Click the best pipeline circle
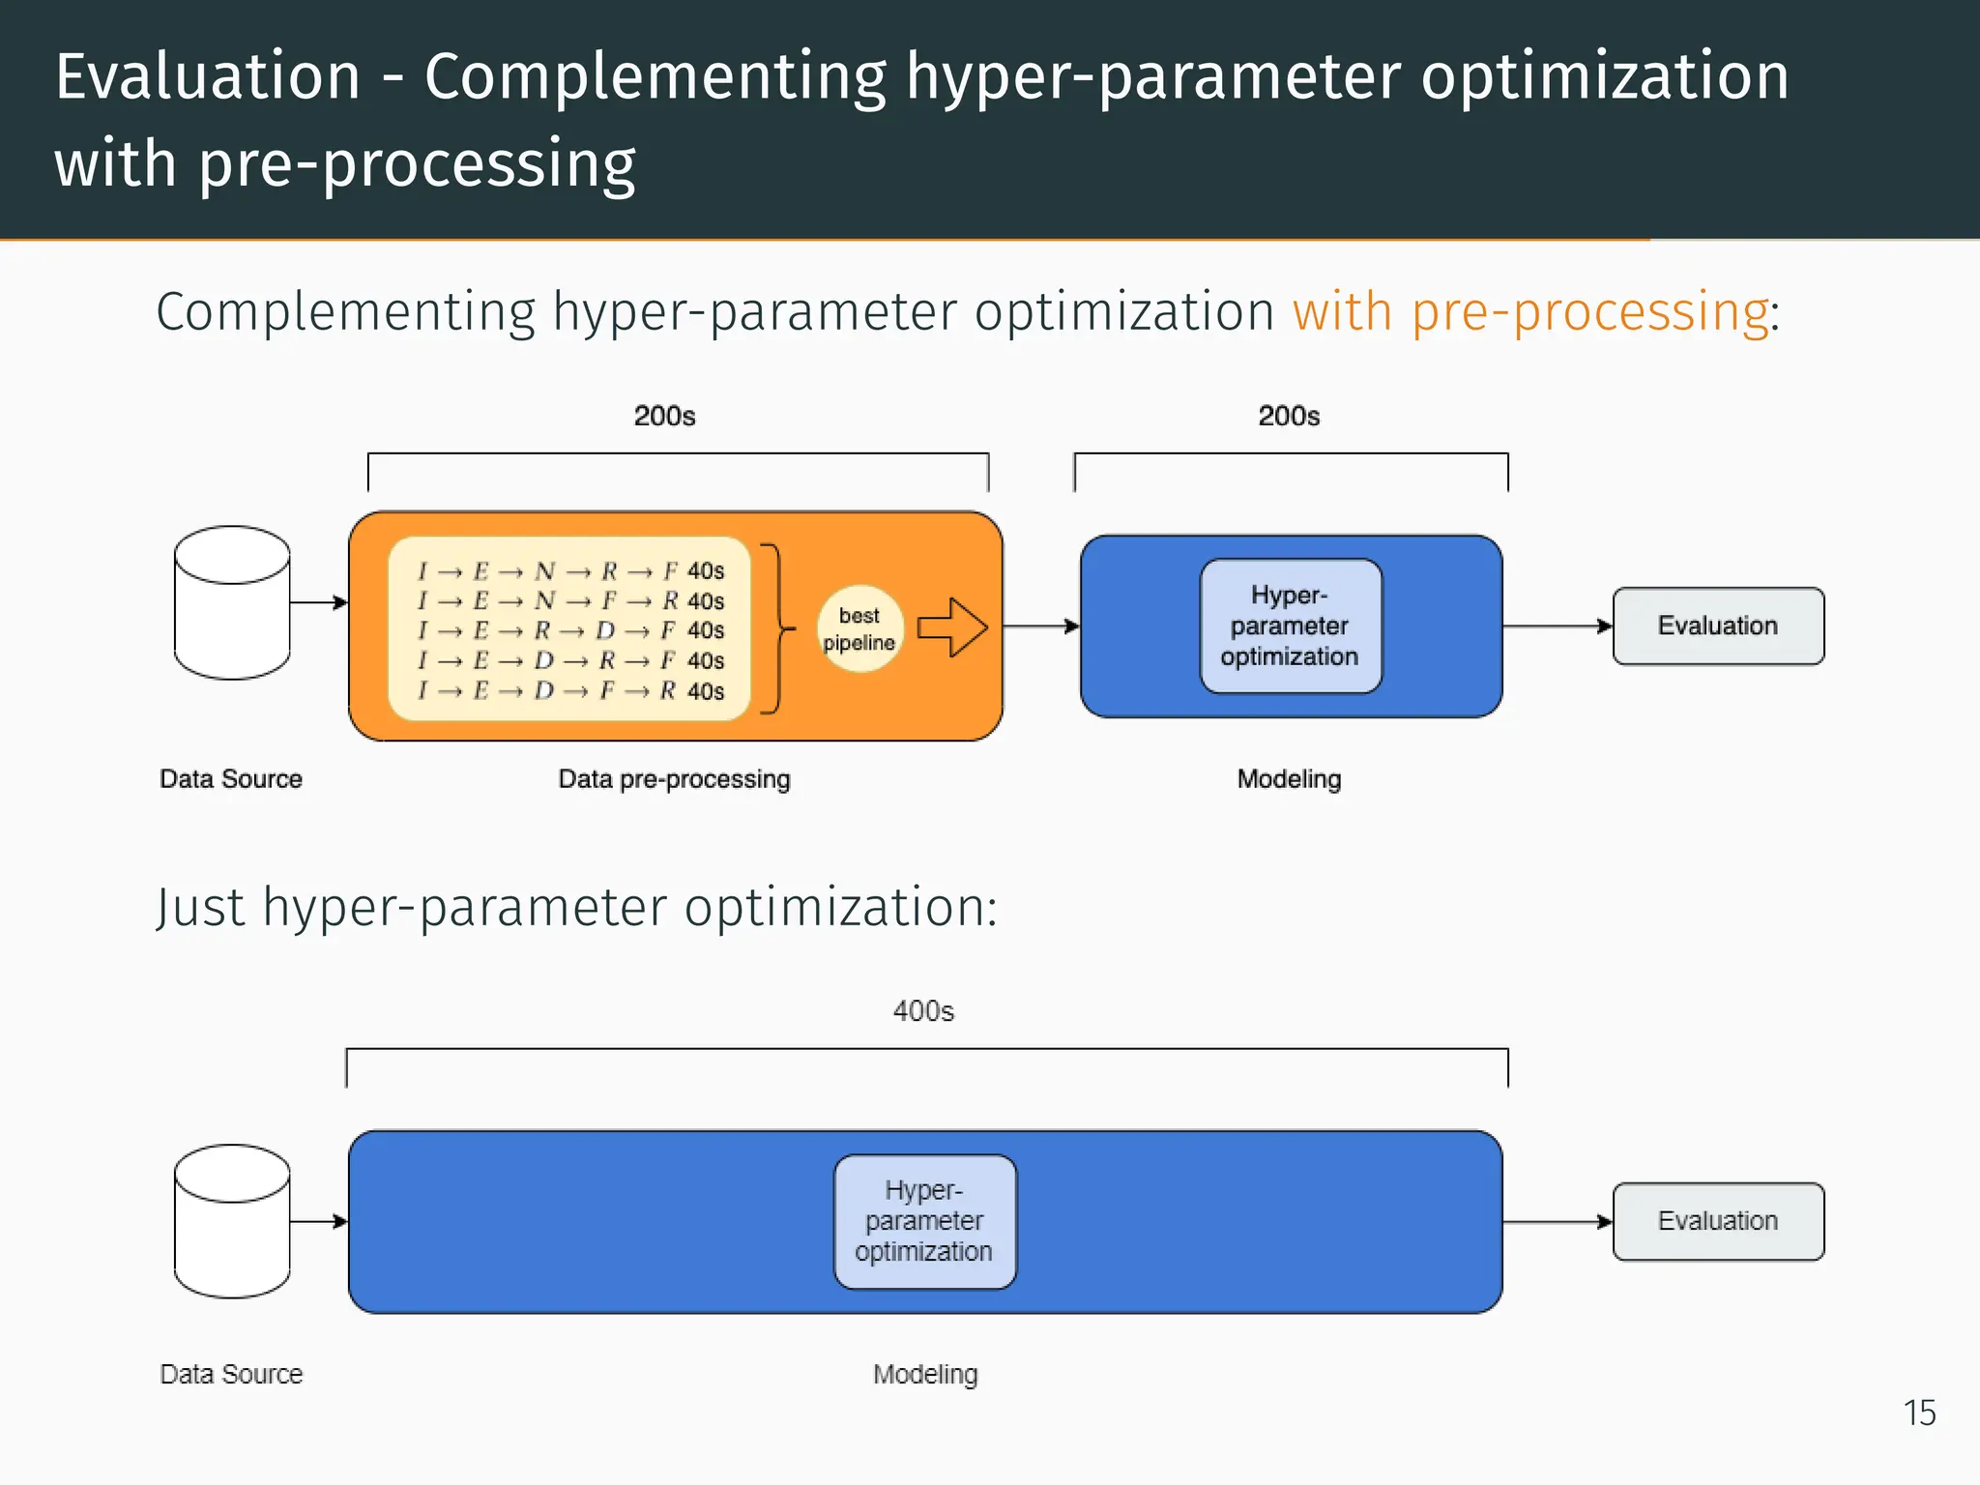coord(859,628)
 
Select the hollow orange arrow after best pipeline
coord(952,627)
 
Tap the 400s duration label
coord(923,1011)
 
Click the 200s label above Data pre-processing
coord(664,416)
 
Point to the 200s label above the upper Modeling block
coord(1289,416)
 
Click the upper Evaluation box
coord(1718,626)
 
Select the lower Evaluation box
coord(1718,1221)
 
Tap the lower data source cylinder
coord(232,1221)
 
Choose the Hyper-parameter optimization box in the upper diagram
coord(1290,626)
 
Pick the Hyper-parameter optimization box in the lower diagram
coord(924,1221)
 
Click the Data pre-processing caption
coord(674,779)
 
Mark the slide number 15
coord(1919,1412)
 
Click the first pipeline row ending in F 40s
coord(570,571)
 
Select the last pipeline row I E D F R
coord(570,691)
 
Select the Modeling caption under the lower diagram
coord(925,1374)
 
